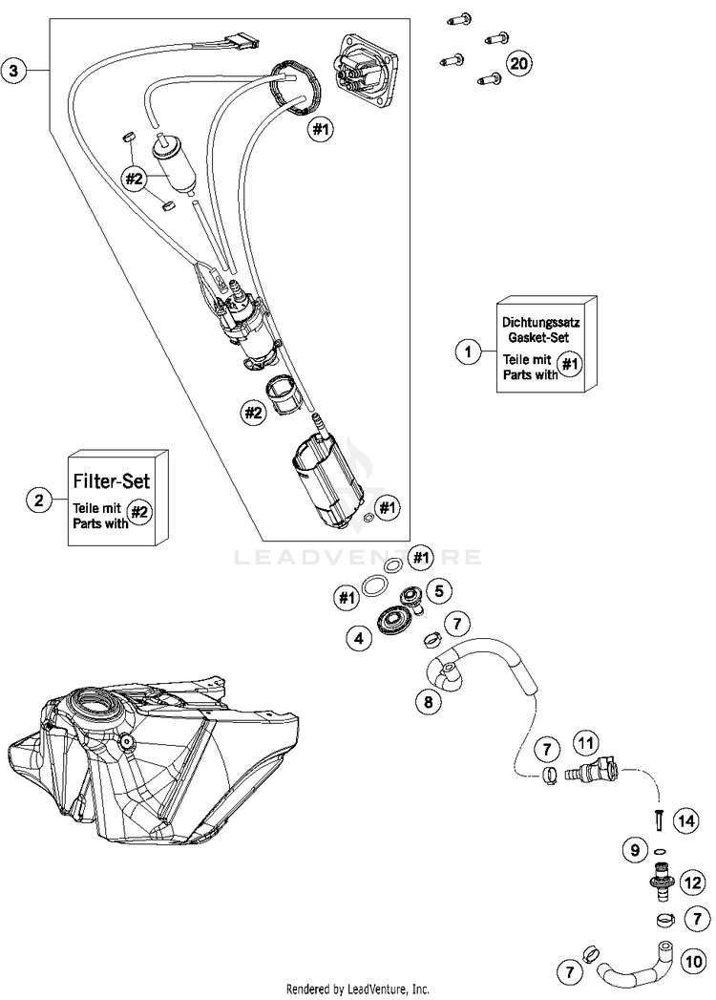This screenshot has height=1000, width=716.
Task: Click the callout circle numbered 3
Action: [12, 71]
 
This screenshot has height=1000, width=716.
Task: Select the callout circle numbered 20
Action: [518, 64]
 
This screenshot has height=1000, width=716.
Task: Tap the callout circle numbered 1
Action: [467, 353]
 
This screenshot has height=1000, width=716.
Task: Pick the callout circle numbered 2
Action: [38, 499]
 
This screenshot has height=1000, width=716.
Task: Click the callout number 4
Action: [359, 638]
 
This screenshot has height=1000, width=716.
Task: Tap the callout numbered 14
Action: [683, 819]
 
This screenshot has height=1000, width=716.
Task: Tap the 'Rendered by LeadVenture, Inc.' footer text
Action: [358, 989]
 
